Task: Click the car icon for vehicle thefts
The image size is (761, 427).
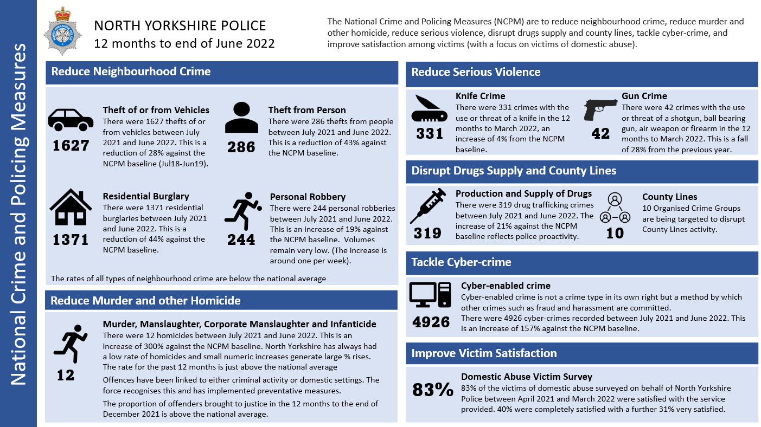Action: coord(71,120)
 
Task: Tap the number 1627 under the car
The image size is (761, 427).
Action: coord(71,145)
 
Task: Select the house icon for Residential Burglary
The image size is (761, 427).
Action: coord(71,208)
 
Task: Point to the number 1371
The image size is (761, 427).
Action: coord(71,239)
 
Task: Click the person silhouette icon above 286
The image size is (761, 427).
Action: coord(241,119)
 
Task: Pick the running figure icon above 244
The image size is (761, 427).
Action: coord(242,211)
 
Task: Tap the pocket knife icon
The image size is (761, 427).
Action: coord(430,108)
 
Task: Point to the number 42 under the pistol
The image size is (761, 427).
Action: coord(600,133)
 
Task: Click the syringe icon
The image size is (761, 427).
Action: coord(428,206)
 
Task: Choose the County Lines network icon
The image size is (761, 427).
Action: coord(615,208)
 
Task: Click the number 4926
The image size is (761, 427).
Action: coord(431,321)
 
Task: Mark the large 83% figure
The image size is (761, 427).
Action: coord(432,390)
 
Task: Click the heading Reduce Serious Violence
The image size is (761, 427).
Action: coord(476,72)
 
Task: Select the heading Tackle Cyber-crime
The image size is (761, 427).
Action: coord(461,262)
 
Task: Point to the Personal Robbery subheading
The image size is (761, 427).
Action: coord(308,197)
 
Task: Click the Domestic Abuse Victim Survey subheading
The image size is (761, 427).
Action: coord(526,377)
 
